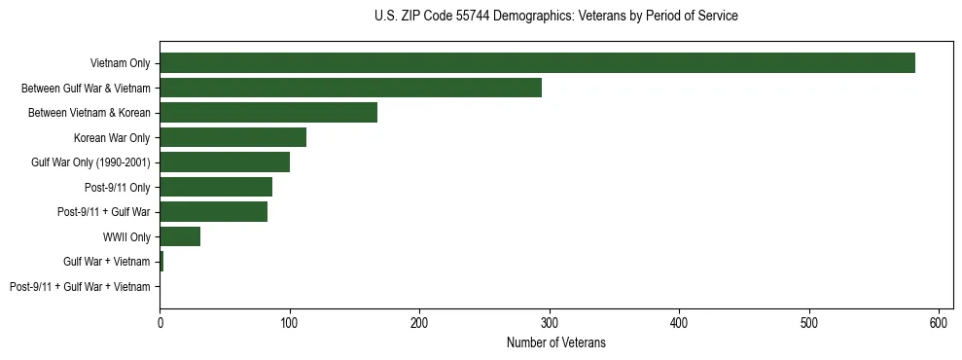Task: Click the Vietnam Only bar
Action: click(537, 63)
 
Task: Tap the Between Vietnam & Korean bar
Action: click(268, 113)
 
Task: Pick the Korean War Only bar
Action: click(232, 137)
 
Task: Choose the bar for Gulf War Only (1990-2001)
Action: click(225, 162)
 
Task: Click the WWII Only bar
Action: click(180, 236)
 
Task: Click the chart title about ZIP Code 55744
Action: click(555, 17)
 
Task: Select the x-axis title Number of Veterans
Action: click(555, 342)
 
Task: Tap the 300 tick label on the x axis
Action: click(550, 322)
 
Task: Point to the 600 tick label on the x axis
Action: click(940, 322)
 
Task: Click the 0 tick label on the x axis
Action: click(160, 322)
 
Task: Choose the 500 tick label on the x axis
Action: click(809, 322)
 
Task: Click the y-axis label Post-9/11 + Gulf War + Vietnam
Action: click(80, 286)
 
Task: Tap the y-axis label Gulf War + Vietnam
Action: click(107, 262)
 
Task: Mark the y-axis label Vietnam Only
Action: click(120, 63)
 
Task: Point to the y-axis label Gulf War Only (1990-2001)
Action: click(90, 162)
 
